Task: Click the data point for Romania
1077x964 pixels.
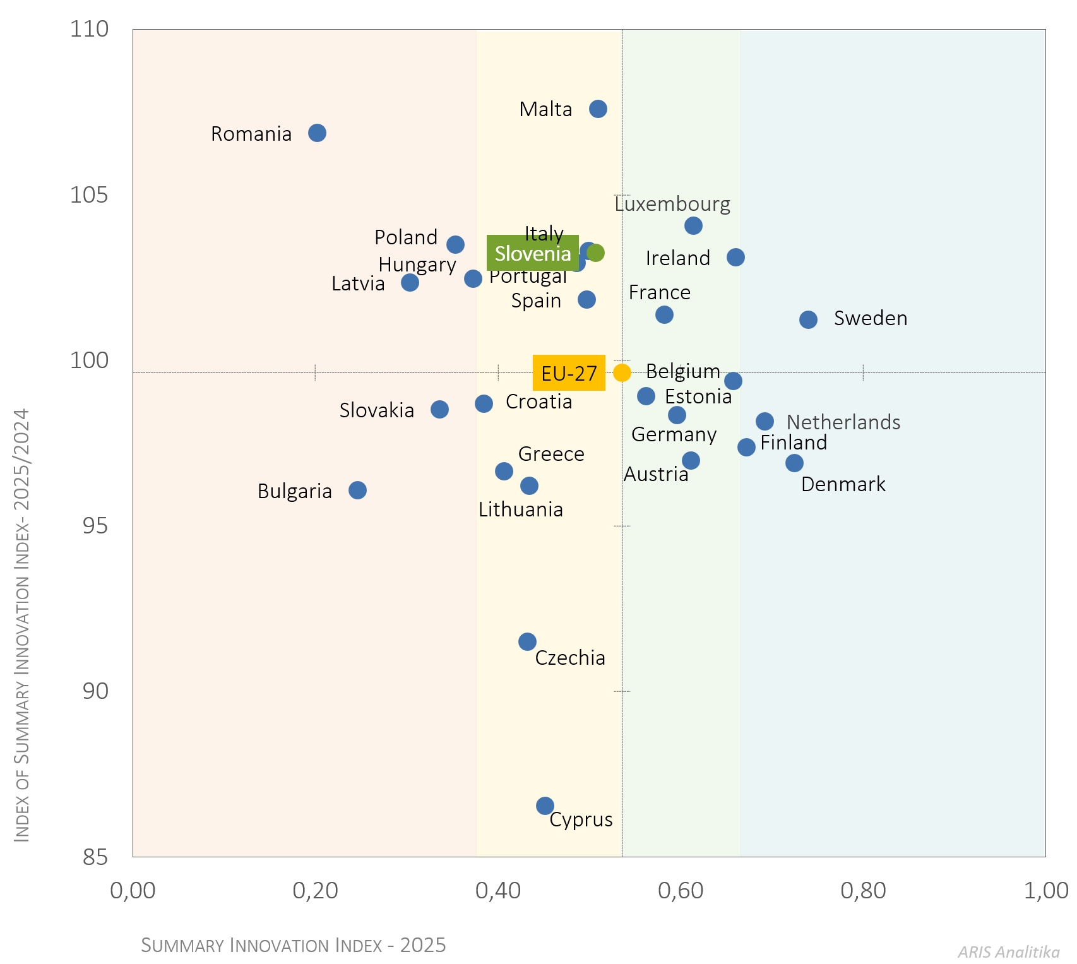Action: (x=317, y=133)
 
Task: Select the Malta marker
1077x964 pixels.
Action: (x=598, y=109)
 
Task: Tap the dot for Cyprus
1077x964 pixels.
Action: (x=545, y=806)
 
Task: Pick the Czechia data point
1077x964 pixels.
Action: (x=527, y=641)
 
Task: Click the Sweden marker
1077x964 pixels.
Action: (x=808, y=319)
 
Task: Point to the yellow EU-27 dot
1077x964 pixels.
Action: (x=622, y=372)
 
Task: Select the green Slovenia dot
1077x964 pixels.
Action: (x=595, y=253)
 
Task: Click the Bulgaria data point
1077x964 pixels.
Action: (x=357, y=490)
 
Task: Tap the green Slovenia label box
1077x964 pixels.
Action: (x=532, y=253)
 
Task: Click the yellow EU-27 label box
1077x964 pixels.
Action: (x=569, y=373)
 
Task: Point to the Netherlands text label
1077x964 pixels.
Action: (x=843, y=422)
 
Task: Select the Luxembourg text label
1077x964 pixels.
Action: (x=672, y=204)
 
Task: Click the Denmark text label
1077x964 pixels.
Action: (x=843, y=484)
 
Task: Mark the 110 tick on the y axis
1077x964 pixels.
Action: (x=89, y=29)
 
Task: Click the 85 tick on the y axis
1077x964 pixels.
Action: (x=95, y=857)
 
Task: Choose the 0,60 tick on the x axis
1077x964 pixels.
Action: (x=681, y=890)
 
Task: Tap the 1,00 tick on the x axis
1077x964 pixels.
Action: (x=1045, y=890)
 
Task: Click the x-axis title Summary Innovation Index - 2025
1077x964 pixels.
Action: (x=294, y=945)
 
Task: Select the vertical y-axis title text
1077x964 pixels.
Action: (x=22, y=625)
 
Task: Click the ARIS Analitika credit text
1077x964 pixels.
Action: (x=1008, y=951)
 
